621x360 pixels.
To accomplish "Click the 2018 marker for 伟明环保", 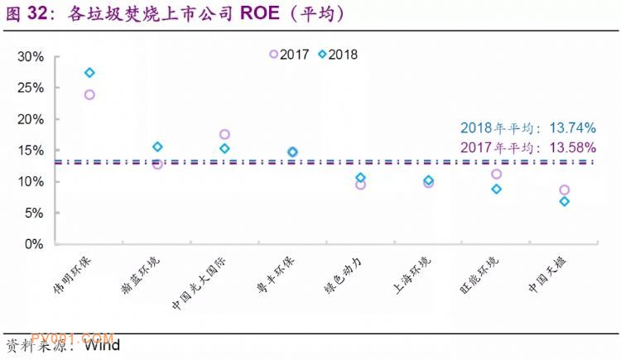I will point(89,73).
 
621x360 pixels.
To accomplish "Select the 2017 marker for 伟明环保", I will point(89,94).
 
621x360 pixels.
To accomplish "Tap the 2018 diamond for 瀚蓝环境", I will point(157,146).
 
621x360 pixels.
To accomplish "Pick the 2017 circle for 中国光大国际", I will point(224,134).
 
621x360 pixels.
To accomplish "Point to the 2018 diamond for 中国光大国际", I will point(224,148).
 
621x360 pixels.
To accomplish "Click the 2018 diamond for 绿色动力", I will point(360,178).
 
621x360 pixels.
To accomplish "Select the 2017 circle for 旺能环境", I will point(496,174).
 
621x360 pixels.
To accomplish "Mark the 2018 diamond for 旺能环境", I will point(496,189).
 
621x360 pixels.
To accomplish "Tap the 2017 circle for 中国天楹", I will point(564,190).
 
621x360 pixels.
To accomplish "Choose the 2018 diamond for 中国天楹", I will point(564,201).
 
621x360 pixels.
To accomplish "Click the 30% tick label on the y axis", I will point(31,56).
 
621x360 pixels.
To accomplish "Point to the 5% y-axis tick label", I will point(34,213).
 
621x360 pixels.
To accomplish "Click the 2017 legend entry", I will point(289,55).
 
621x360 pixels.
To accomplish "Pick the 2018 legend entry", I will point(337,55).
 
